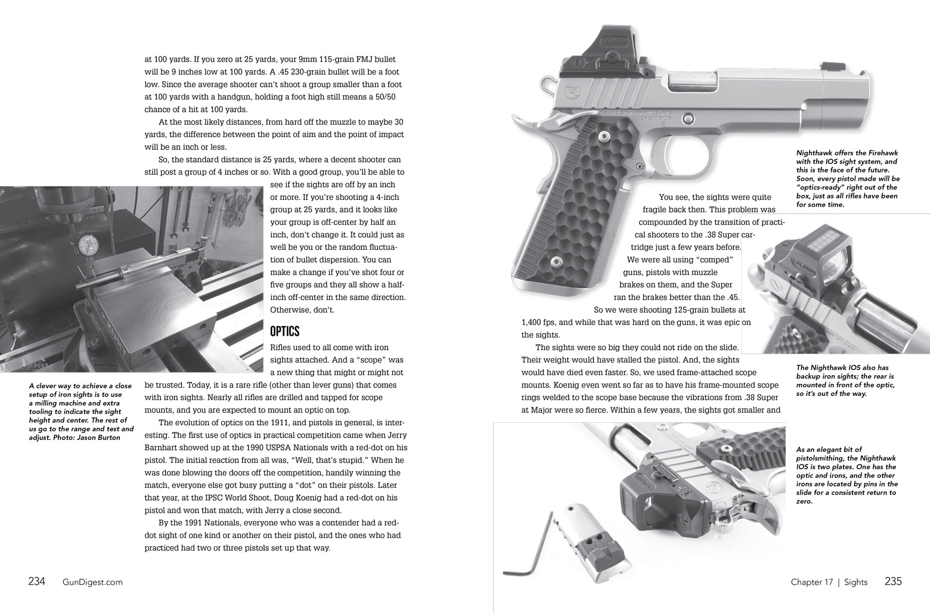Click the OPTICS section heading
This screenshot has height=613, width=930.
284,332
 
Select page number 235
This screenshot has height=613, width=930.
894,581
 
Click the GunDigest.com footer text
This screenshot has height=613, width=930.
92,582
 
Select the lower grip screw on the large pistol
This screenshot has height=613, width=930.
556,262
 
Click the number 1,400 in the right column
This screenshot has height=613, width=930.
534,323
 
